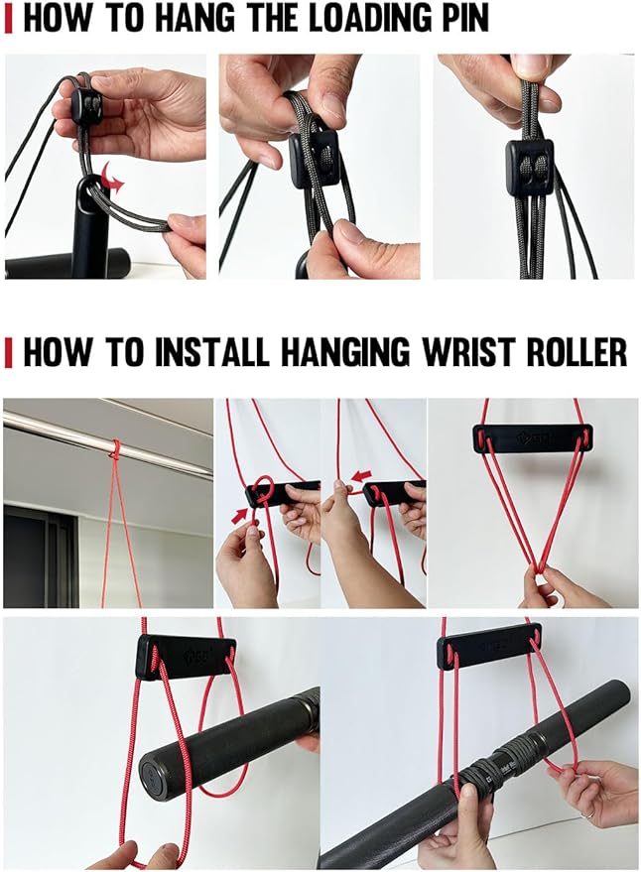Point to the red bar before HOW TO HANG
click(x=8, y=18)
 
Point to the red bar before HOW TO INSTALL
click(x=8, y=351)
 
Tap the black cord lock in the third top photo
click(x=528, y=166)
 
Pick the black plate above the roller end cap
click(x=185, y=655)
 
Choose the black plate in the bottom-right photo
click(x=488, y=647)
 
